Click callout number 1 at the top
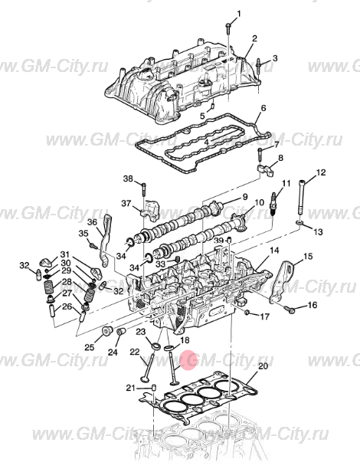(237, 14)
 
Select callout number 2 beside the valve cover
(254, 38)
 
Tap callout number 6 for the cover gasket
(263, 108)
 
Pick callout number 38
(128, 179)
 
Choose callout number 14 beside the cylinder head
(274, 251)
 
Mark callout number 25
(90, 347)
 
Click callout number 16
(312, 305)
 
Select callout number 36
(92, 221)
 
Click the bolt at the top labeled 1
(228, 29)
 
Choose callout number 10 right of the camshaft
(259, 202)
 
